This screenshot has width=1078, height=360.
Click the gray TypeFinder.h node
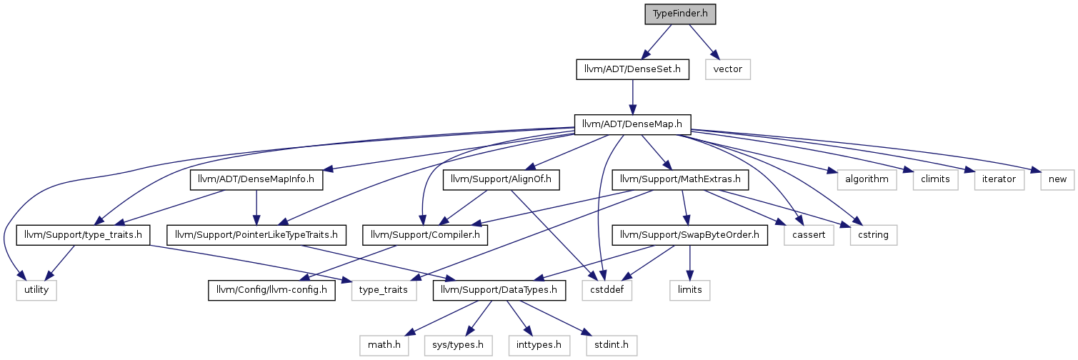click(x=680, y=14)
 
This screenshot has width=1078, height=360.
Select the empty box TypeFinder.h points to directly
click(x=727, y=69)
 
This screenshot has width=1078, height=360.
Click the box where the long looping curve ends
click(x=36, y=291)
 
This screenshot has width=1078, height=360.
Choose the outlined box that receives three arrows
click(x=607, y=291)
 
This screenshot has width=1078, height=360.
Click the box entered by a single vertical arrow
click(x=689, y=291)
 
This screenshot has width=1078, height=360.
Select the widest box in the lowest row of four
click(x=458, y=346)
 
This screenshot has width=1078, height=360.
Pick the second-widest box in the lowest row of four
click(x=539, y=346)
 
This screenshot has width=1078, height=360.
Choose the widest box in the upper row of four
click(x=867, y=180)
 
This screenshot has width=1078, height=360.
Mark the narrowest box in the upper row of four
click(x=1057, y=180)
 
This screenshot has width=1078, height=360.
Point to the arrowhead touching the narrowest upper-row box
click(x=1036, y=171)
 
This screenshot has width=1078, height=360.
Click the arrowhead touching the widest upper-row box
click(x=832, y=171)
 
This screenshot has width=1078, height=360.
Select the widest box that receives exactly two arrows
click(x=384, y=291)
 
